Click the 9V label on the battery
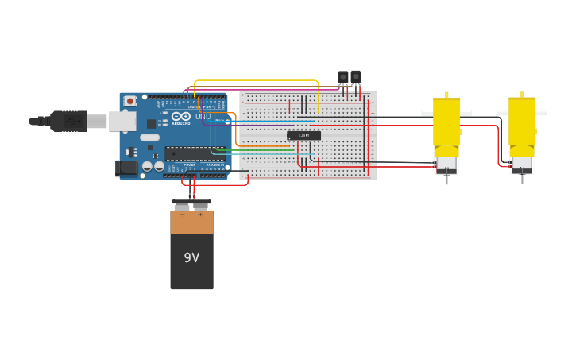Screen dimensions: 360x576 pos(191,257)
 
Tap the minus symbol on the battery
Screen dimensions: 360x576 pos(182,215)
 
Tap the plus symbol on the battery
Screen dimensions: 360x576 pos(200,215)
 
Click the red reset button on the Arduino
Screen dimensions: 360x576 pos(130,102)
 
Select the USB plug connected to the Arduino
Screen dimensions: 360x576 pos(68,121)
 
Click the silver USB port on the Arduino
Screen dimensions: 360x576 pos(122,121)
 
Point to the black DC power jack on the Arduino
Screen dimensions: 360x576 pos(126,167)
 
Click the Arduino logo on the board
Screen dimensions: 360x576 pos(180,117)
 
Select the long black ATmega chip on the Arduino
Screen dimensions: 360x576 pos(195,153)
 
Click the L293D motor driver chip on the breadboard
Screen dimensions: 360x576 pos(303,136)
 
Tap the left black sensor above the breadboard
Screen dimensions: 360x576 pos(343,77)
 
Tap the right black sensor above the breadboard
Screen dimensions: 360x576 pos(355,76)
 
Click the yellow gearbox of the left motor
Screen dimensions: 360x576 pos(446,123)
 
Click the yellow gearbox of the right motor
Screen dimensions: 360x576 pos(522,123)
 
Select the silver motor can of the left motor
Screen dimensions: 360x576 pos(446,165)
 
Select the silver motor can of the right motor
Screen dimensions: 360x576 pos(522,165)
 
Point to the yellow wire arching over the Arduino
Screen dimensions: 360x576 pos(254,80)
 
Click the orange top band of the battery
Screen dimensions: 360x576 pos(191,222)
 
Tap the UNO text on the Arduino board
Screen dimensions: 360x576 pos(203,117)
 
